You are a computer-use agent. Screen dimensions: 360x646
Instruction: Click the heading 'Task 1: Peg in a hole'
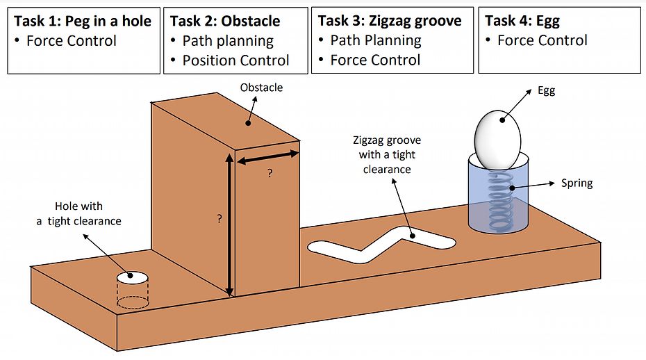coord(83,21)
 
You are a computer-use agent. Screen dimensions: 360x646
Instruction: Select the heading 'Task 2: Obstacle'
coord(225,21)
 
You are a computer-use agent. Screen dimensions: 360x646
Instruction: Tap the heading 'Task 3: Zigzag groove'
coord(390,21)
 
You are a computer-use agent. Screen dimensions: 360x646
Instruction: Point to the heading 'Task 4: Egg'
coord(522,21)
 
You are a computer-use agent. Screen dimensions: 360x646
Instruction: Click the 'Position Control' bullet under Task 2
coord(235,60)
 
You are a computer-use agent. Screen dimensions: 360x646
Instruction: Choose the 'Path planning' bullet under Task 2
coord(228,41)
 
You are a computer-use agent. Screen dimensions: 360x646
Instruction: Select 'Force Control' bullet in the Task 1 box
coord(72,41)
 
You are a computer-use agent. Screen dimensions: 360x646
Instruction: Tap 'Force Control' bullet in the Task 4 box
coord(542,41)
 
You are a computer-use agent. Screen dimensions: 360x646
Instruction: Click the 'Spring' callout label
coord(576,183)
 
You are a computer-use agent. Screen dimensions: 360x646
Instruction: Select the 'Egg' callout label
coord(546,91)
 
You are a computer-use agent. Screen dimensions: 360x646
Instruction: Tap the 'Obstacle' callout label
coord(261,88)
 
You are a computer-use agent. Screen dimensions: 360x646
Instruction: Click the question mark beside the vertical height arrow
coord(220,218)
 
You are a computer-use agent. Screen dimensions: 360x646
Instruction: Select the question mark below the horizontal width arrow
coord(270,174)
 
